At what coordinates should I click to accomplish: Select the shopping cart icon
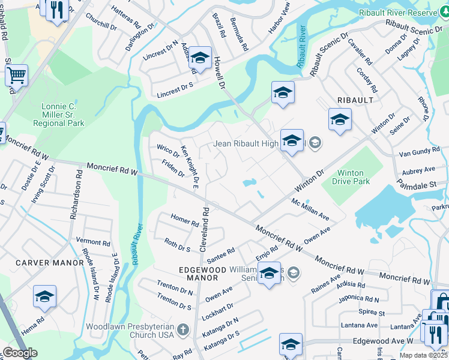coord(17,76)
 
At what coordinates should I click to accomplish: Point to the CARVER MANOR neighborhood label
coord(50,263)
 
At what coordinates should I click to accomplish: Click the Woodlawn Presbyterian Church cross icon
coord(182,329)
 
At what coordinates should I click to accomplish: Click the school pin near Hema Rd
coord(44,297)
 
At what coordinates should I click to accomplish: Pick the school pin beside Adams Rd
coord(200,58)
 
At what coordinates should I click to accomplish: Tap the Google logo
coord(20,353)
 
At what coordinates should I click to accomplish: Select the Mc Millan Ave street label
coord(310,209)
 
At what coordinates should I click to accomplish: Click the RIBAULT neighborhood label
coord(355,100)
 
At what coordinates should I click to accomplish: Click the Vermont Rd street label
coord(93,243)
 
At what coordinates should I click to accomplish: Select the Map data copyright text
coord(423,355)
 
